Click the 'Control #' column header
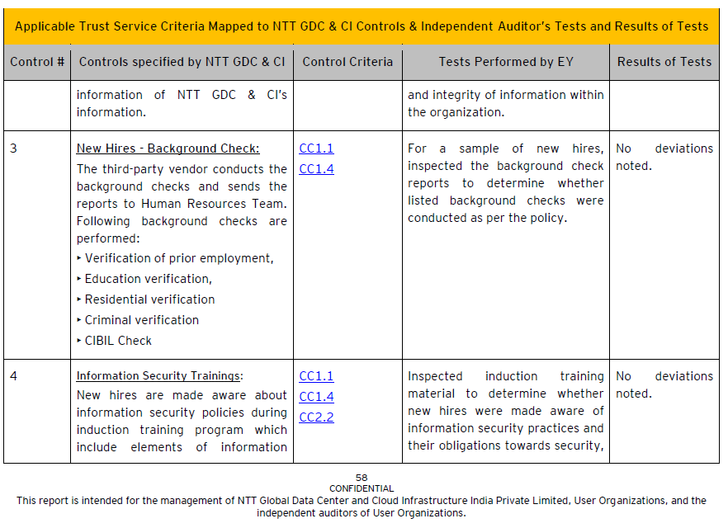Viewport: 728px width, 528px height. [x=37, y=62]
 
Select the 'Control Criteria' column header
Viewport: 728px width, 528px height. [x=347, y=62]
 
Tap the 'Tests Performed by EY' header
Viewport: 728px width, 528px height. [x=505, y=62]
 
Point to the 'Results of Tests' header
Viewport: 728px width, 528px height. [x=664, y=62]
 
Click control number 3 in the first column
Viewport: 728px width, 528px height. [x=14, y=148]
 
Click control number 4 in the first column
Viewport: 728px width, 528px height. [x=14, y=376]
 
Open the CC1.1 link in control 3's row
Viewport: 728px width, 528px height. [x=316, y=148]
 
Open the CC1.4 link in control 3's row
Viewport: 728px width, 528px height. [x=316, y=169]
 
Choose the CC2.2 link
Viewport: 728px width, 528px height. [x=316, y=417]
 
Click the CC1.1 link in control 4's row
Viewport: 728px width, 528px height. [x=316, y=376]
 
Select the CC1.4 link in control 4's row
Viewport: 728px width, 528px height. [x=316, y=397]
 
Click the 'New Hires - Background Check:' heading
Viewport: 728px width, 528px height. [x=168, y=148]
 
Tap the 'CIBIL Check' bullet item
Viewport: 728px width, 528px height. [x=118, y=341]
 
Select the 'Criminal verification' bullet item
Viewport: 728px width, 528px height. [x=141, y=320]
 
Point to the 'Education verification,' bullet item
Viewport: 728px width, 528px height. [x=148, y=279]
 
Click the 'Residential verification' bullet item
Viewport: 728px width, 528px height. [x=149, y=299]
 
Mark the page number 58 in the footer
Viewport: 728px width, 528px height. [x=362, y=478]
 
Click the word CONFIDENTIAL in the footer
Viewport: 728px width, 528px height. [x=362, y=488]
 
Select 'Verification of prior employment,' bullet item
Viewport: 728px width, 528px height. [x=178, y=258]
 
